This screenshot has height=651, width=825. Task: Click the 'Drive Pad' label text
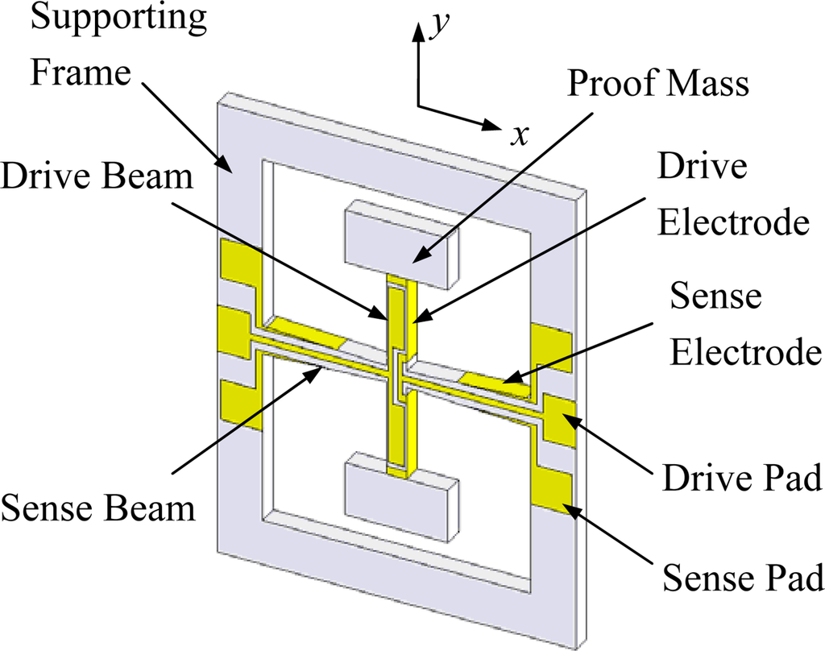tap(741, 479)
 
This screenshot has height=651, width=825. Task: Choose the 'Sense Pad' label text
tap(742, 578)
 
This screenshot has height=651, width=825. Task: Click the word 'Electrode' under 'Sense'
tap(746, 351)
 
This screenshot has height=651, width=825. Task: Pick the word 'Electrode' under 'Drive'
tap(732, 222)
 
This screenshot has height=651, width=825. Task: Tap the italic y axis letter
tap(439, 26)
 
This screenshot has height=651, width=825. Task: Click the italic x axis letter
tap(520, 135)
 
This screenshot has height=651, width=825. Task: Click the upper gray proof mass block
tap(400, 246)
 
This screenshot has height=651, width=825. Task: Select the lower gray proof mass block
tap(400, 495)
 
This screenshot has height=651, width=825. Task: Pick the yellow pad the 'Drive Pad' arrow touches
tap(559, 420)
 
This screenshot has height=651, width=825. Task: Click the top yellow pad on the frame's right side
tap(551, 346)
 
